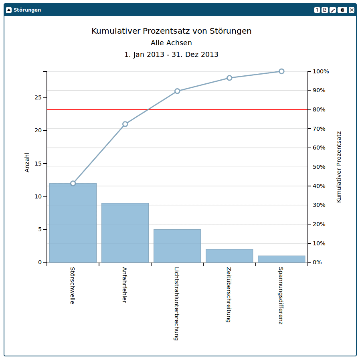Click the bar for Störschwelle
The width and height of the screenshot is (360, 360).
coord(73,223)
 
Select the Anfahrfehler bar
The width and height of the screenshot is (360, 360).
coord(125,233)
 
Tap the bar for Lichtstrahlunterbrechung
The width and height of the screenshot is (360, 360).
coord(177,246)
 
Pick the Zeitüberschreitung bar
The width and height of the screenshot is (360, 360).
coord(229,256)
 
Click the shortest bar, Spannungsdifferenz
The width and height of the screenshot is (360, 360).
coord(281,259)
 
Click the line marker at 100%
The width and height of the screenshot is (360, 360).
coord(281,71)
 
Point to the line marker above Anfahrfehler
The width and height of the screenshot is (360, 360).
coord(125,124)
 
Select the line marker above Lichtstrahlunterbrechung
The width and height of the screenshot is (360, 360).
coord(177,91)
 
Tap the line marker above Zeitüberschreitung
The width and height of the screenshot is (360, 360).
coord(229,78)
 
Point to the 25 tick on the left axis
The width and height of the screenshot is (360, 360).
coord(38,97)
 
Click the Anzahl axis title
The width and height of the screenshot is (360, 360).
coord(27,162)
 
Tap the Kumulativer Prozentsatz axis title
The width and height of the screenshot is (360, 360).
coord(339,166)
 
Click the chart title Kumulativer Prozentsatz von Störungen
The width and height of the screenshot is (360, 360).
coord(172,31)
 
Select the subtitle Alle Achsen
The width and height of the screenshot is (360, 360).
coord(171,43)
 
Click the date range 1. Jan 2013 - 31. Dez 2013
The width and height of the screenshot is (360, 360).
coord(171,55)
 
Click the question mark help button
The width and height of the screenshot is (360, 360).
coord(317,10)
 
